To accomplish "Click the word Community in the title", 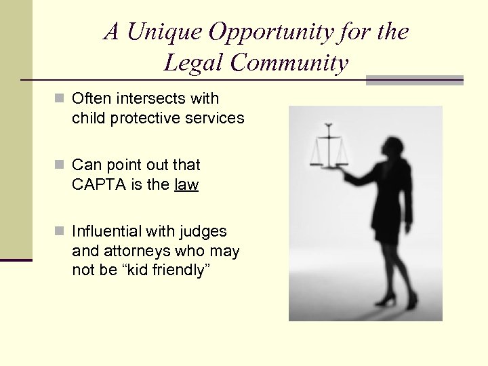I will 290,63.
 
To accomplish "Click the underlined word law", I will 186,184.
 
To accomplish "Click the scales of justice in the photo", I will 328,146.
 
